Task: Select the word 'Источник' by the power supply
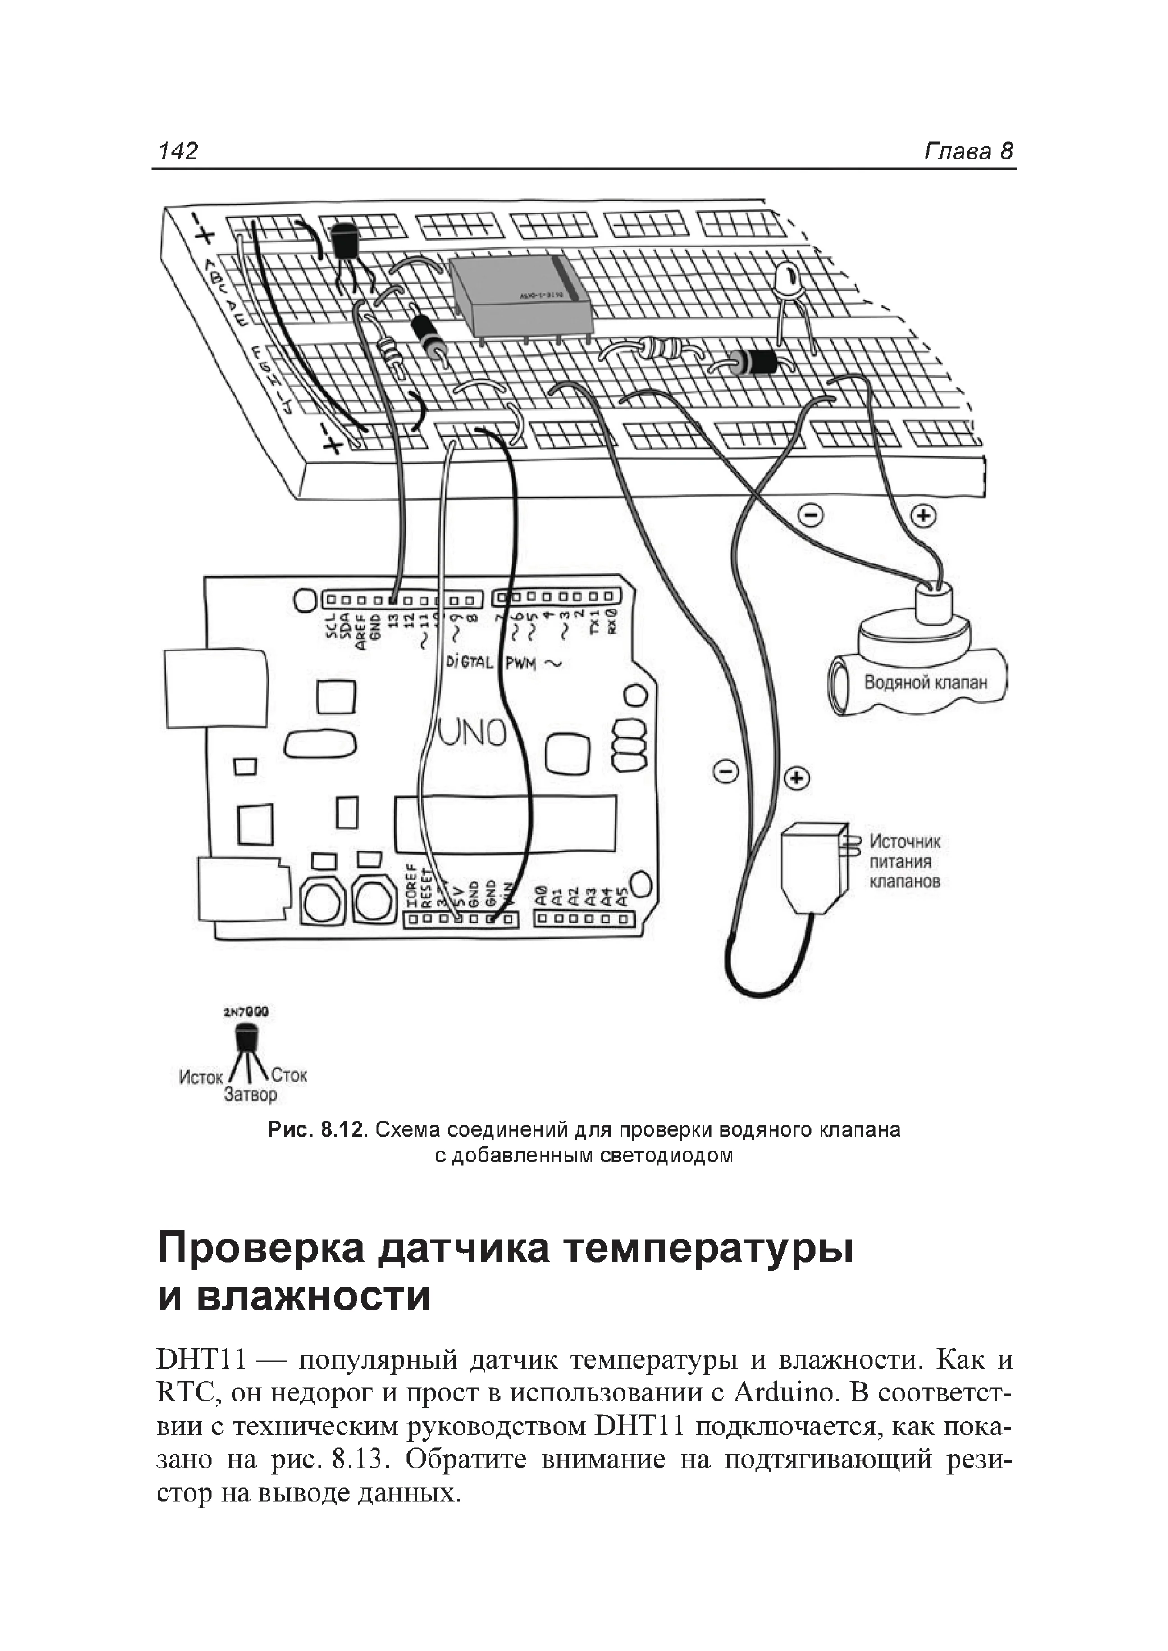(x=905, y=841)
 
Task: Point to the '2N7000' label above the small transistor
(x=246, y=1012)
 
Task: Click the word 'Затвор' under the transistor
(x=250, y=1094)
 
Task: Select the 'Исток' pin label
(x=201, y=1077)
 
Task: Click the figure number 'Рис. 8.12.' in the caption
(x=317, y=1130)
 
